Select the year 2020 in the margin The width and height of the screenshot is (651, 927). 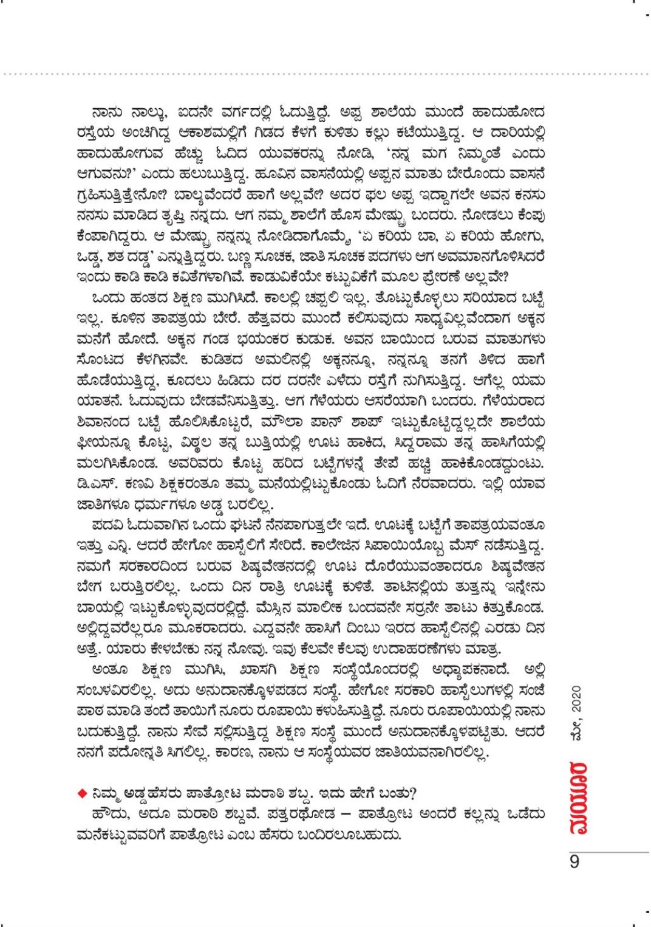click(576, 701)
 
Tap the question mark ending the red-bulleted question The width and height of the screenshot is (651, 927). click(412, 794)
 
